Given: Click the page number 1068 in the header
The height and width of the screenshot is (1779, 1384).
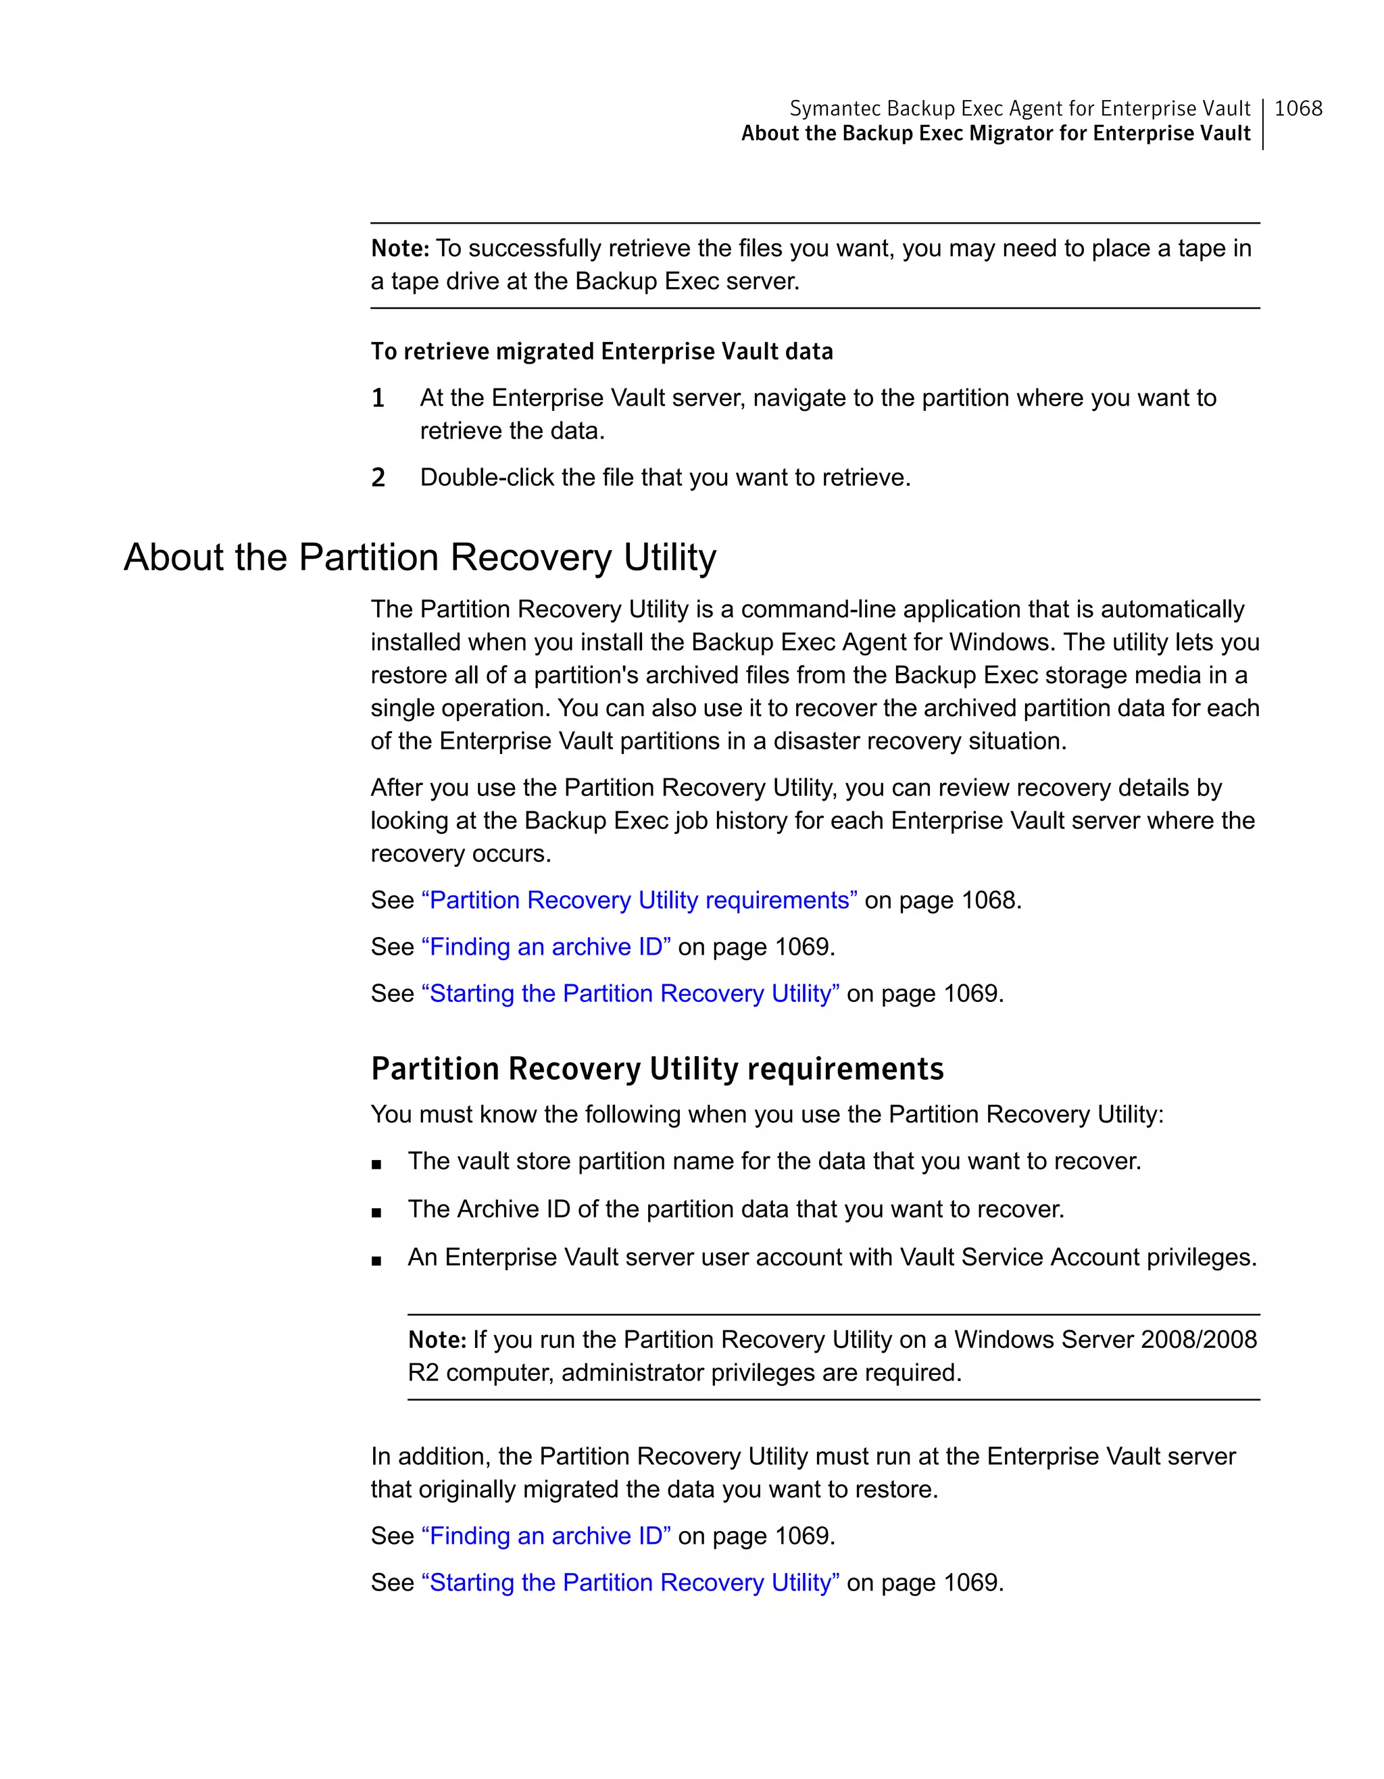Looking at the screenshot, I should pos(1297,108).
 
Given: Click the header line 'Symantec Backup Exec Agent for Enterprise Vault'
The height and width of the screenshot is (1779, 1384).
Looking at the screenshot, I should pos(1019,108).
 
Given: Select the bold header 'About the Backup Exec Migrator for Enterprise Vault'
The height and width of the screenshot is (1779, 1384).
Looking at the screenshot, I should pos(995,134).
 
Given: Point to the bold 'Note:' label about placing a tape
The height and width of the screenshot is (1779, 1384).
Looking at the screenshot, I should pos(400,249).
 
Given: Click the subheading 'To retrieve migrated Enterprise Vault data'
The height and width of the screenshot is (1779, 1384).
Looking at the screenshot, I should pos(601,351).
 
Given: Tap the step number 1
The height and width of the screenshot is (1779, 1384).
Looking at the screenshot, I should pos(378,399).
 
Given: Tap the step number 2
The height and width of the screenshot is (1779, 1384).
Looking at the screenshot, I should pos(378,477).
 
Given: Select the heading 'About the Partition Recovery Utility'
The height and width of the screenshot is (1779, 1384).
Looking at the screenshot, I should pos(420,558).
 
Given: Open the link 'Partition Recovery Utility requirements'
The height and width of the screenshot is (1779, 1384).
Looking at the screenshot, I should pos(639,900).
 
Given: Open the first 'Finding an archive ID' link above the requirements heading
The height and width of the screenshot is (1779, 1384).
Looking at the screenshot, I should pos(546,947).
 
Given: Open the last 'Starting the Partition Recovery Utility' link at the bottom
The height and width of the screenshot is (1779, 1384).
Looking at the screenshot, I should pos(630,1582).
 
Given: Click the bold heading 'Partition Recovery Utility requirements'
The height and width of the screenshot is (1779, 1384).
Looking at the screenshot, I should pos(657,1069).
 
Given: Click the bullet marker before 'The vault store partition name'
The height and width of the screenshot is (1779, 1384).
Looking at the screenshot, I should pos(376,1164).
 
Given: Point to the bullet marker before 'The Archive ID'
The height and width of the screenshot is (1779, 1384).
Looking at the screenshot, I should pos(376,1212).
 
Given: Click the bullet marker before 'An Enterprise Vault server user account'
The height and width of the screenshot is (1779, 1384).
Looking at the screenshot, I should pos(376,1260).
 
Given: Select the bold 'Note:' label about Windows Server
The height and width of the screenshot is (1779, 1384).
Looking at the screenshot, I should pos(437,1340).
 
